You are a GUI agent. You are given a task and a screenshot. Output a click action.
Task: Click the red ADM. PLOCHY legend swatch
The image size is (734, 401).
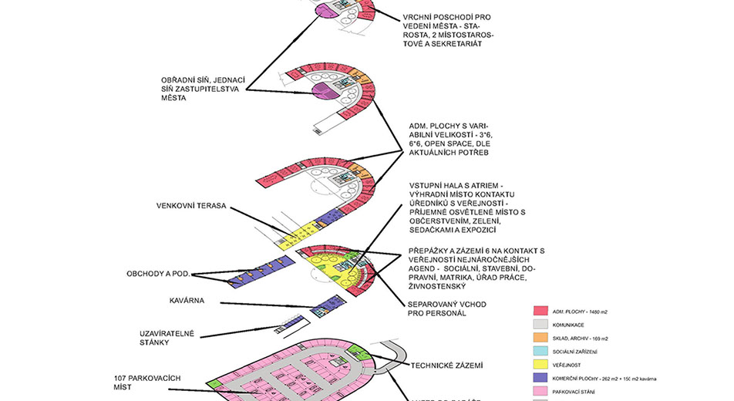pos(543,310)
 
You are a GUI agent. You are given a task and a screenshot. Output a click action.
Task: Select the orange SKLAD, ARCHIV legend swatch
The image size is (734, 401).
pos(543,338)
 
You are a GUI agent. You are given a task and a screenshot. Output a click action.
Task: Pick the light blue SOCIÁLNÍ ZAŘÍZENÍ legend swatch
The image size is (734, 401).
pos(543,351)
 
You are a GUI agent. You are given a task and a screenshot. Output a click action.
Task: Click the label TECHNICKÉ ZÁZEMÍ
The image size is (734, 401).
pos(450,366)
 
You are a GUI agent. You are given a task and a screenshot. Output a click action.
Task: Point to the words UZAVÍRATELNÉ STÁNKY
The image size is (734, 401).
pos(167,337)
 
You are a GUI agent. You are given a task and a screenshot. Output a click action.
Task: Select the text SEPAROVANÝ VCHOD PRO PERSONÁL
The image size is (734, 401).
pos(446,308)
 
